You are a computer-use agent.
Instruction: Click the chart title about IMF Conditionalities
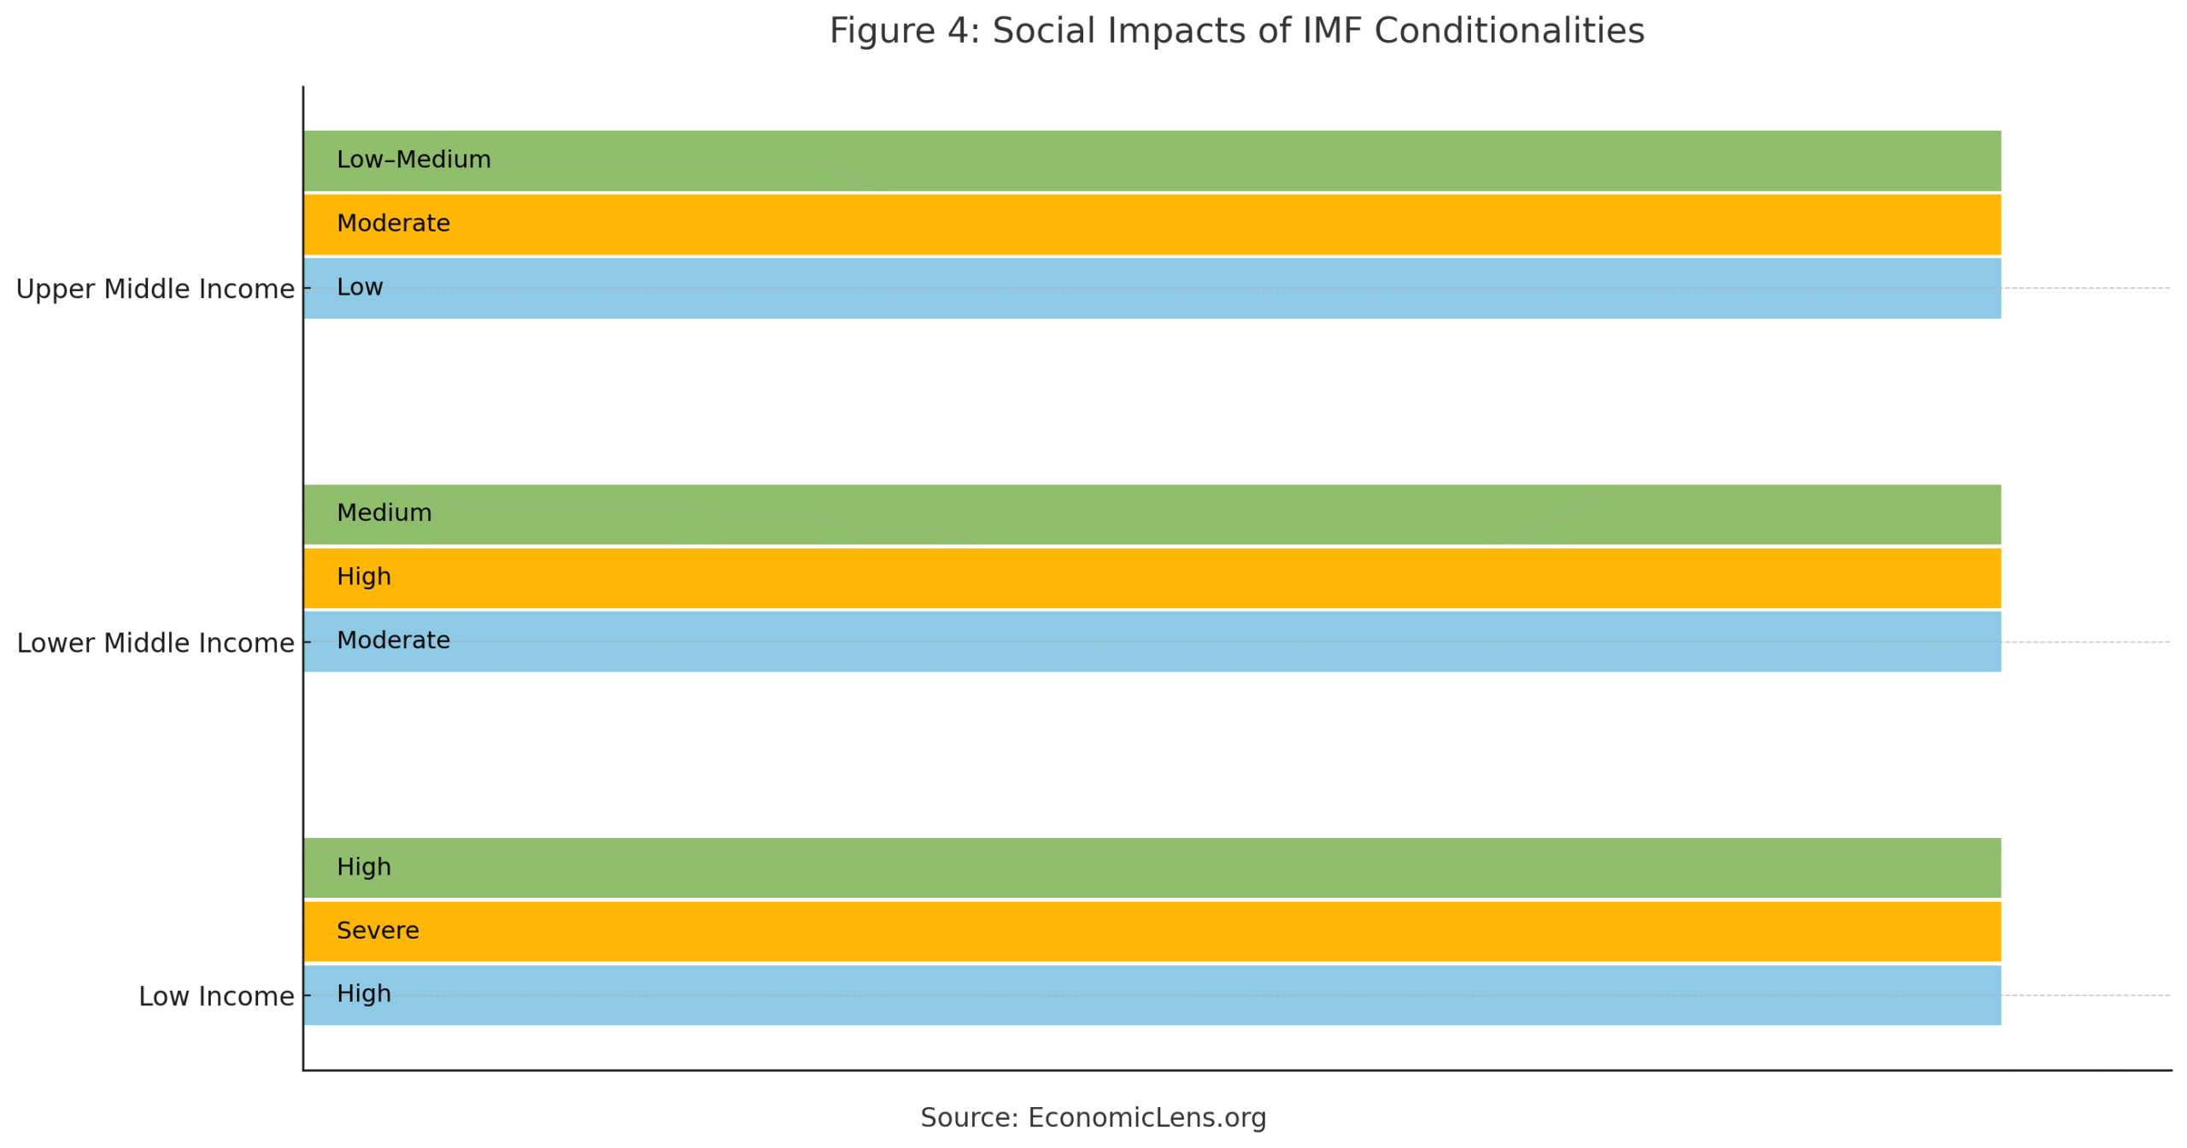pyautogui.click(x=1236, y=32)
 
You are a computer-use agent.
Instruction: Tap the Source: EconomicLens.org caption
pyautogui.click(x=1093, y=1117)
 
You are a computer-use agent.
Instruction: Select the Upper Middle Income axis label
pyautogui.click(x=155, y=289)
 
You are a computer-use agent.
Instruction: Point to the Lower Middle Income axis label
pyautogui.click(x=155, y=642)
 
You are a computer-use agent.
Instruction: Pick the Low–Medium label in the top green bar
pyautogui.click(x=413, y=160)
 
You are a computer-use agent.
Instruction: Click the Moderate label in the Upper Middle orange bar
pyautogui.click(x=393, y=224)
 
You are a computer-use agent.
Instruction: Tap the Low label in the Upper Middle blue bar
pyautogui.click(x=360, y=287)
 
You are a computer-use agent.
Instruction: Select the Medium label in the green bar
pyautogui.click(x=384, y=512)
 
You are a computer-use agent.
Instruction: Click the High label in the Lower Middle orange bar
pyautogui.click(x=364, y=577)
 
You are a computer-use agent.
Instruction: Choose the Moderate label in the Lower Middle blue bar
pyautogui.click(x=393, y=640)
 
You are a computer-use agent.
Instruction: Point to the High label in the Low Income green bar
pyautogui.click(x=364, y=867)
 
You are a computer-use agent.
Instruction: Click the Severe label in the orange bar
pyautogui.click(x=378, y=930)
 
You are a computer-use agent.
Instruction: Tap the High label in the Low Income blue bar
pyautogui.click(x=364, y=993)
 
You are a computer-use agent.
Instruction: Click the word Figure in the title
pyautogui.click(x=882, y=32)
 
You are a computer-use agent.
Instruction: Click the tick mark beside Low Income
pyautogui.click(x=307, y=995)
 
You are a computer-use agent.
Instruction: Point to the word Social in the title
pyautogui.click(x=1043, y=32)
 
